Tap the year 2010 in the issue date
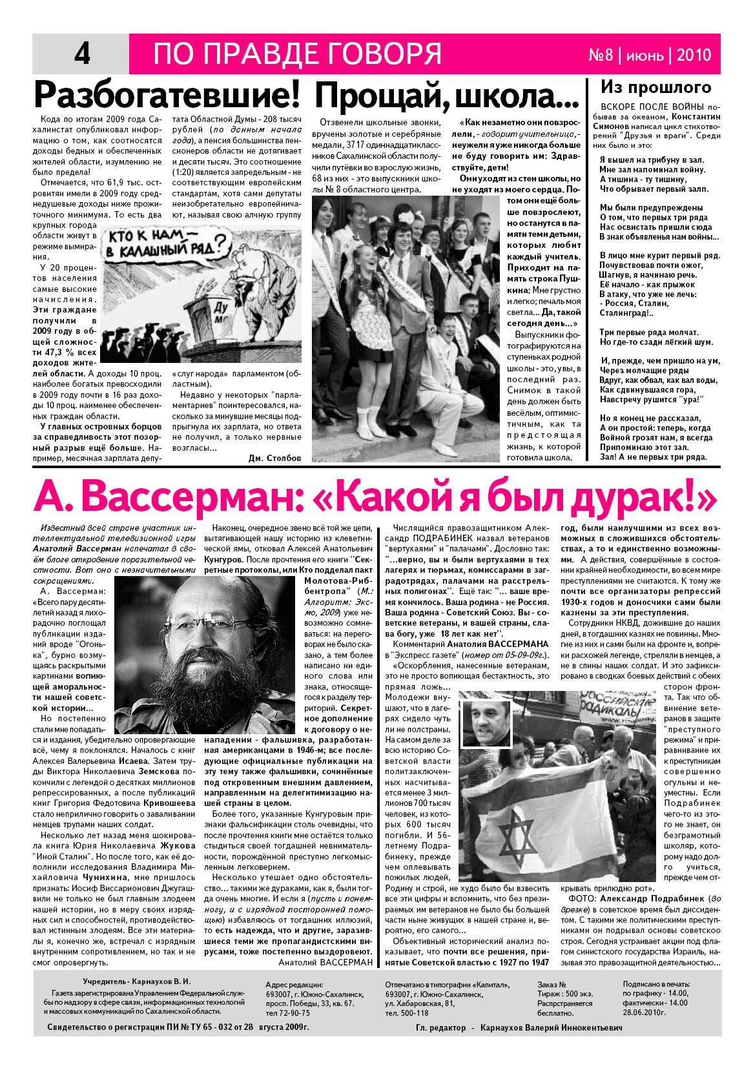(694, 56)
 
